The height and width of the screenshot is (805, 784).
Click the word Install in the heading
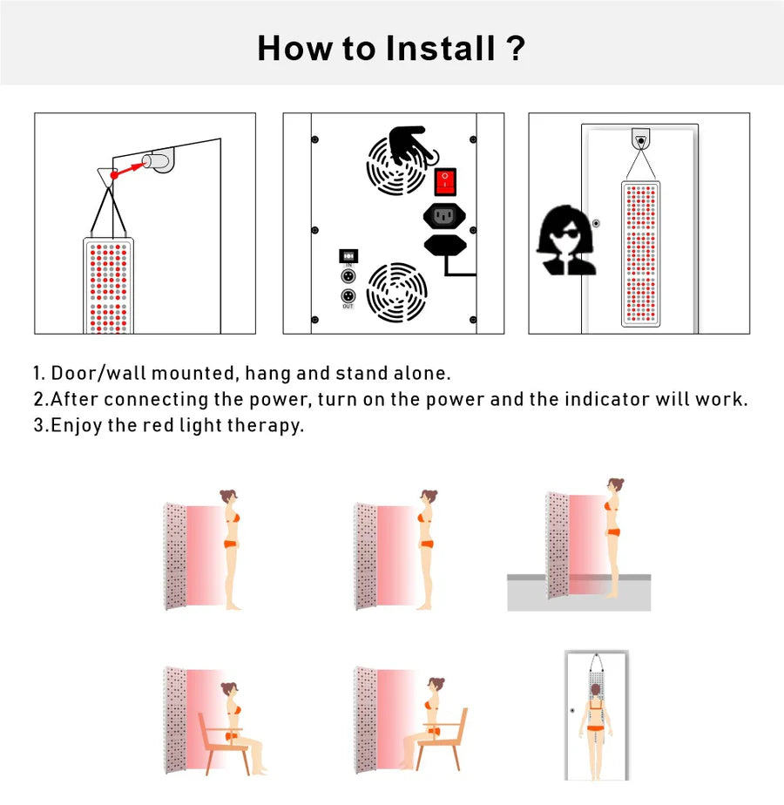click(440, 48)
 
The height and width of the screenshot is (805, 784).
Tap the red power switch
click(444, 182)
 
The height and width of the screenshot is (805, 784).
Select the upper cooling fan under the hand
click(396, 166)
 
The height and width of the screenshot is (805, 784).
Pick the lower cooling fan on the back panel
click(396, 292)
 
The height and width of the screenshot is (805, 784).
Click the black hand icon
click(409, 145)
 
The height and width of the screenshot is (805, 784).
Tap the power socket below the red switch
click(444, 216)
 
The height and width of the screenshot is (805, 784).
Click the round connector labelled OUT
click(348, 296)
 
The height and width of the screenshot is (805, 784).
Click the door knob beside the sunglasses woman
click(596, 223)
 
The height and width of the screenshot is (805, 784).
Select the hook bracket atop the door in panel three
click(641, 139)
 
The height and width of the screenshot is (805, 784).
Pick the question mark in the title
click(516, 48)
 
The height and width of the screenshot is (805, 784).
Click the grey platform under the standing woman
click(578, 593)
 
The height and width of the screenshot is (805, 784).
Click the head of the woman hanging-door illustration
click(596, 690)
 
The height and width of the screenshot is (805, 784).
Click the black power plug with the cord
click(446, 246)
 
